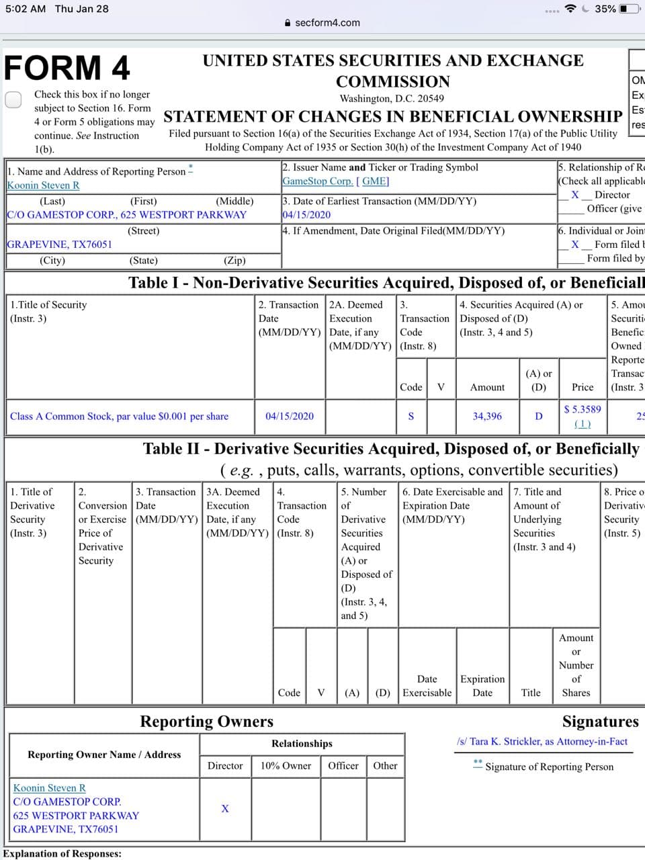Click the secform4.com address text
(327, 23)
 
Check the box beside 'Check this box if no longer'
(13, 99)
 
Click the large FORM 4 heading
(67, 68)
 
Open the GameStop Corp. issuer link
(317, 181)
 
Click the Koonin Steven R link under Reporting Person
(43, 185)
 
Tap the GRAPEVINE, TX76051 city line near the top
(59, 245)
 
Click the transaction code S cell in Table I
(411, 417)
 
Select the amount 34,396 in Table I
(487, 417)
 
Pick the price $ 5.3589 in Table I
(583, 409)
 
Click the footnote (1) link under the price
(583, 424)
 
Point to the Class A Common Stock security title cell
(119, 417)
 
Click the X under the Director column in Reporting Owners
(225, 808)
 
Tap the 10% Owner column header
(286, 766)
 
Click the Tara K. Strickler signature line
(542, 742)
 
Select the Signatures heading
(600, 722)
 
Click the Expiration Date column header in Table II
(482, 686)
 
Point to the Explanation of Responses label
(62, 854)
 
